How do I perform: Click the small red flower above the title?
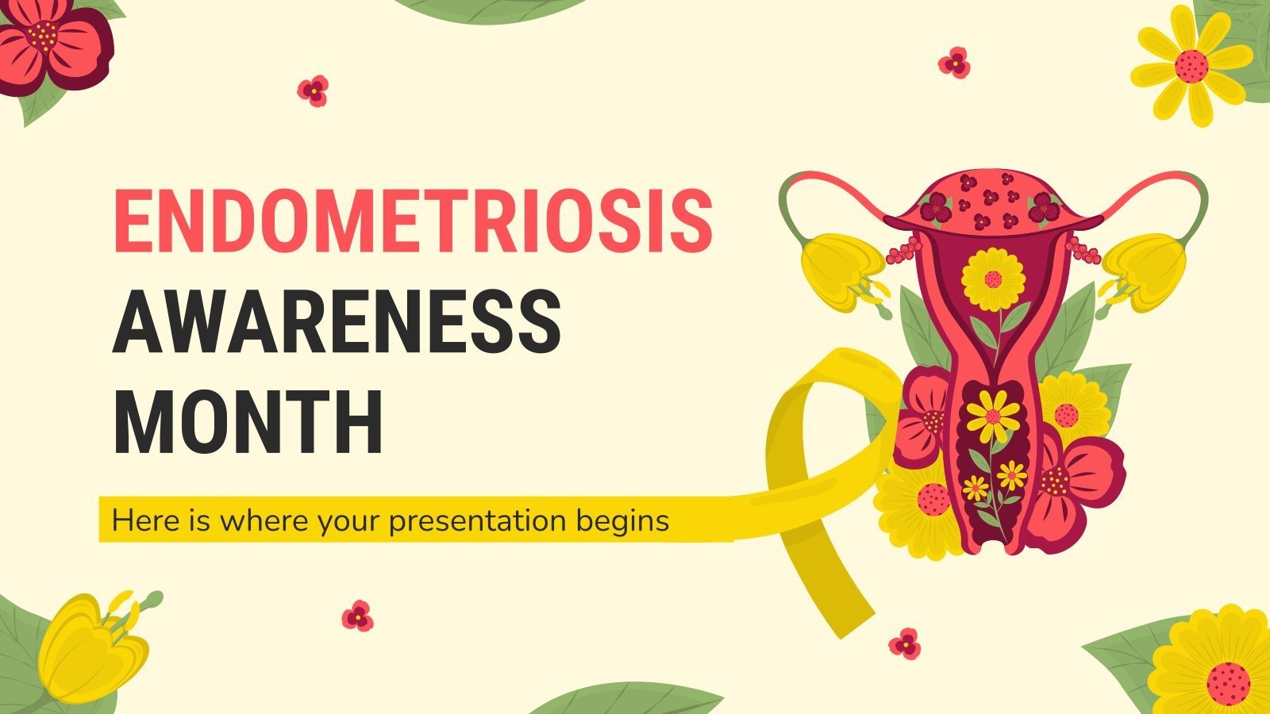pos(314,90)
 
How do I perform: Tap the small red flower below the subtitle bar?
pos(357,616)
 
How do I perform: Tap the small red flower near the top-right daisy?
pos(954,62)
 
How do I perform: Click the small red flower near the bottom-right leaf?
pos(905,643)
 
